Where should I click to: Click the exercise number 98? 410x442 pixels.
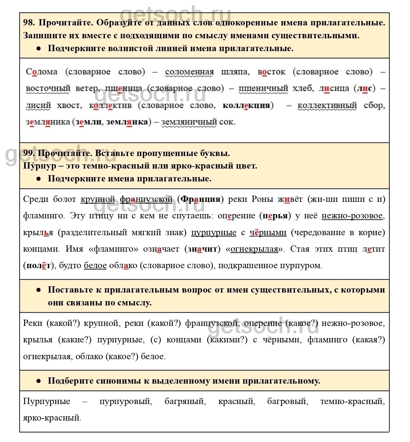point(29,23)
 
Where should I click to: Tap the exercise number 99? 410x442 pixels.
point(29,153)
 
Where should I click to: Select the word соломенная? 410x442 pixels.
point(189,72)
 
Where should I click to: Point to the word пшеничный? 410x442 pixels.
point(263,88)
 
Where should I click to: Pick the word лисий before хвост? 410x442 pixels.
point(38,105)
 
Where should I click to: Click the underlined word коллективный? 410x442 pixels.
point(327,105)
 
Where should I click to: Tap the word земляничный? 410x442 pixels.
point(189,122)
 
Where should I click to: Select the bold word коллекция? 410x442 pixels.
point(246,105)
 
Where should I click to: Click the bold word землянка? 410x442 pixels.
point(127,122)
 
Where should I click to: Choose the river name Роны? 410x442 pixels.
point(263,199)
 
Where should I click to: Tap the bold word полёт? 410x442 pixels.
point(39,266)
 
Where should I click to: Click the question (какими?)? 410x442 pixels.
point(227,340)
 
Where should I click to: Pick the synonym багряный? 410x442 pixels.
point(185,401)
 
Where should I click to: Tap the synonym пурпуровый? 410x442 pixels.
point(126,401)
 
